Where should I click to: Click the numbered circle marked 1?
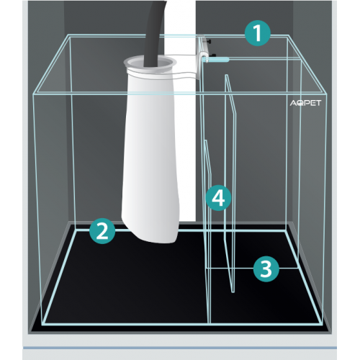(258, 33)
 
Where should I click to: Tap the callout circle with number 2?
(102, 231)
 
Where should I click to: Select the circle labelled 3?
(266, 269)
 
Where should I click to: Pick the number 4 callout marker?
(218, 198)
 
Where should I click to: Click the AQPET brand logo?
(305, 103)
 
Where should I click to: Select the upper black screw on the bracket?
(210, 42)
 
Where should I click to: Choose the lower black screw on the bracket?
(213, 55)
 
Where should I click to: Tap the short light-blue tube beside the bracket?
(216, 59)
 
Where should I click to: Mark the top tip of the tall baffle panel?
(226, 75)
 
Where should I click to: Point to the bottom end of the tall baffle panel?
(233, 292)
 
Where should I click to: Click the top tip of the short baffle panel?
(205, 141)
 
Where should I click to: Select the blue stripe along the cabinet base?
(180, 348)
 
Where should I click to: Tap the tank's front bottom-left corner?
(42, 325)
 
